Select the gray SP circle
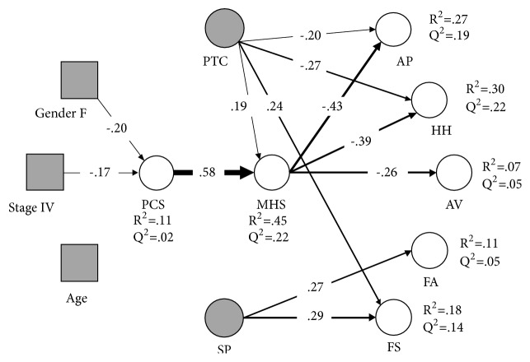coord(224,317)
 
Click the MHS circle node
coord(272,174)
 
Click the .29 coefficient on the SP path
coord(315,316)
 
